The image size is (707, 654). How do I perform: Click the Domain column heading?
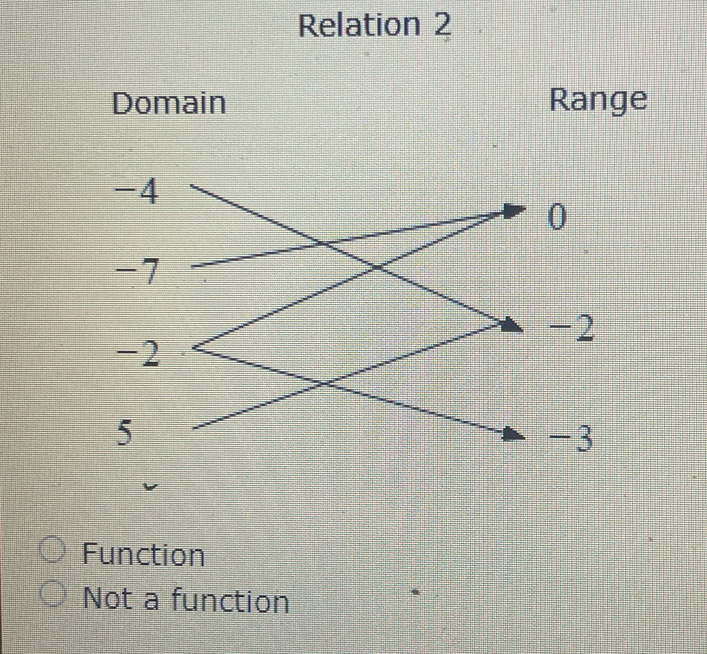point(169,104)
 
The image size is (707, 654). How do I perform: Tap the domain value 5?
point(124,433)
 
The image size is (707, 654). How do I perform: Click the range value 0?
point(557,217)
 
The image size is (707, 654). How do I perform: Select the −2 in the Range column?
point(572,327)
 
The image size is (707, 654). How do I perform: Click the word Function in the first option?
point(143,555)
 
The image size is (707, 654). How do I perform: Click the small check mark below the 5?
point(150,488)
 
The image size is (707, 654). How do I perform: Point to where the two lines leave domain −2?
point(195,348)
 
